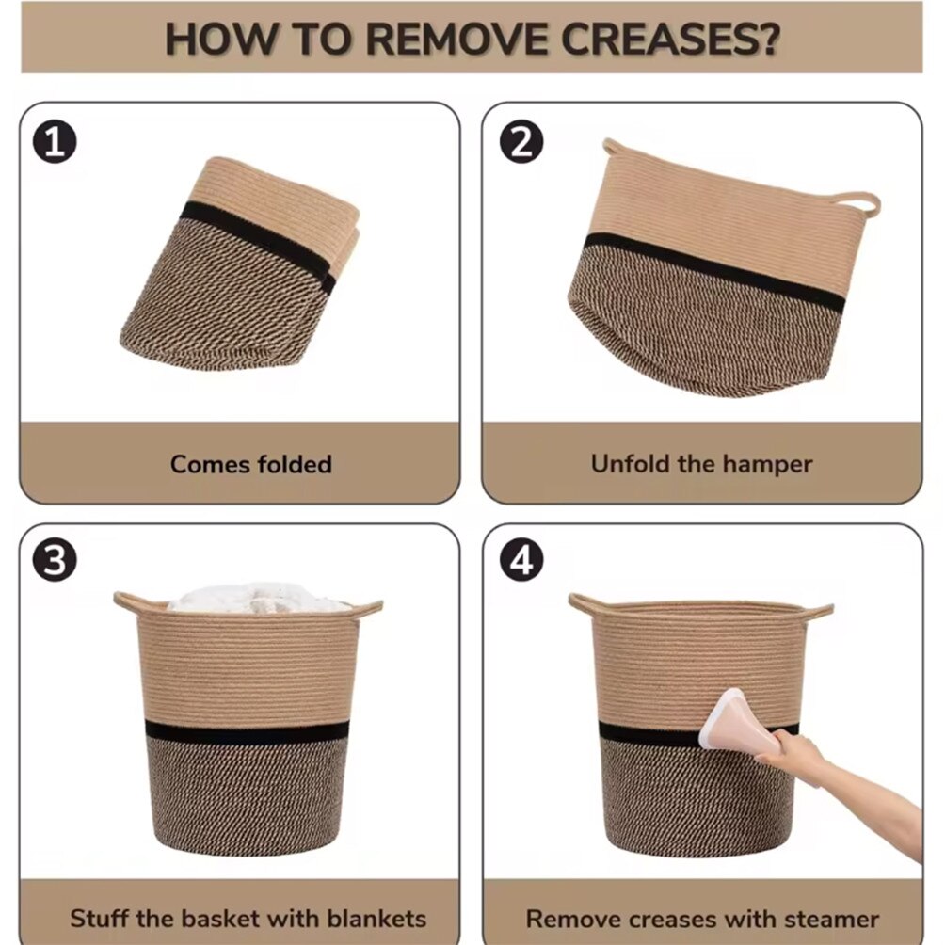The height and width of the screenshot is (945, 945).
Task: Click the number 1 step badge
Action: click(55, 142)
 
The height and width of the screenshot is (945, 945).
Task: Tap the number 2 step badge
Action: click(521, 142)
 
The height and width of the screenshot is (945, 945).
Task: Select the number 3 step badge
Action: click(55, 560)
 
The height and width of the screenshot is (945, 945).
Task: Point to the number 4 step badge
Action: click(521, 560)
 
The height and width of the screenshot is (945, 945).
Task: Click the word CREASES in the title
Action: click(670, 40)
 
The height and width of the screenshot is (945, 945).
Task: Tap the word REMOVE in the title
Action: click(456, 40)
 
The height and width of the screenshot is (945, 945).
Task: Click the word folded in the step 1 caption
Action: click(295, 464)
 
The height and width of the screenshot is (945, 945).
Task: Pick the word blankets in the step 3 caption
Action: click(376, 919)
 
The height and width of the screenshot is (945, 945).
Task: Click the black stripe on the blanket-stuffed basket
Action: click(248, 731)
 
